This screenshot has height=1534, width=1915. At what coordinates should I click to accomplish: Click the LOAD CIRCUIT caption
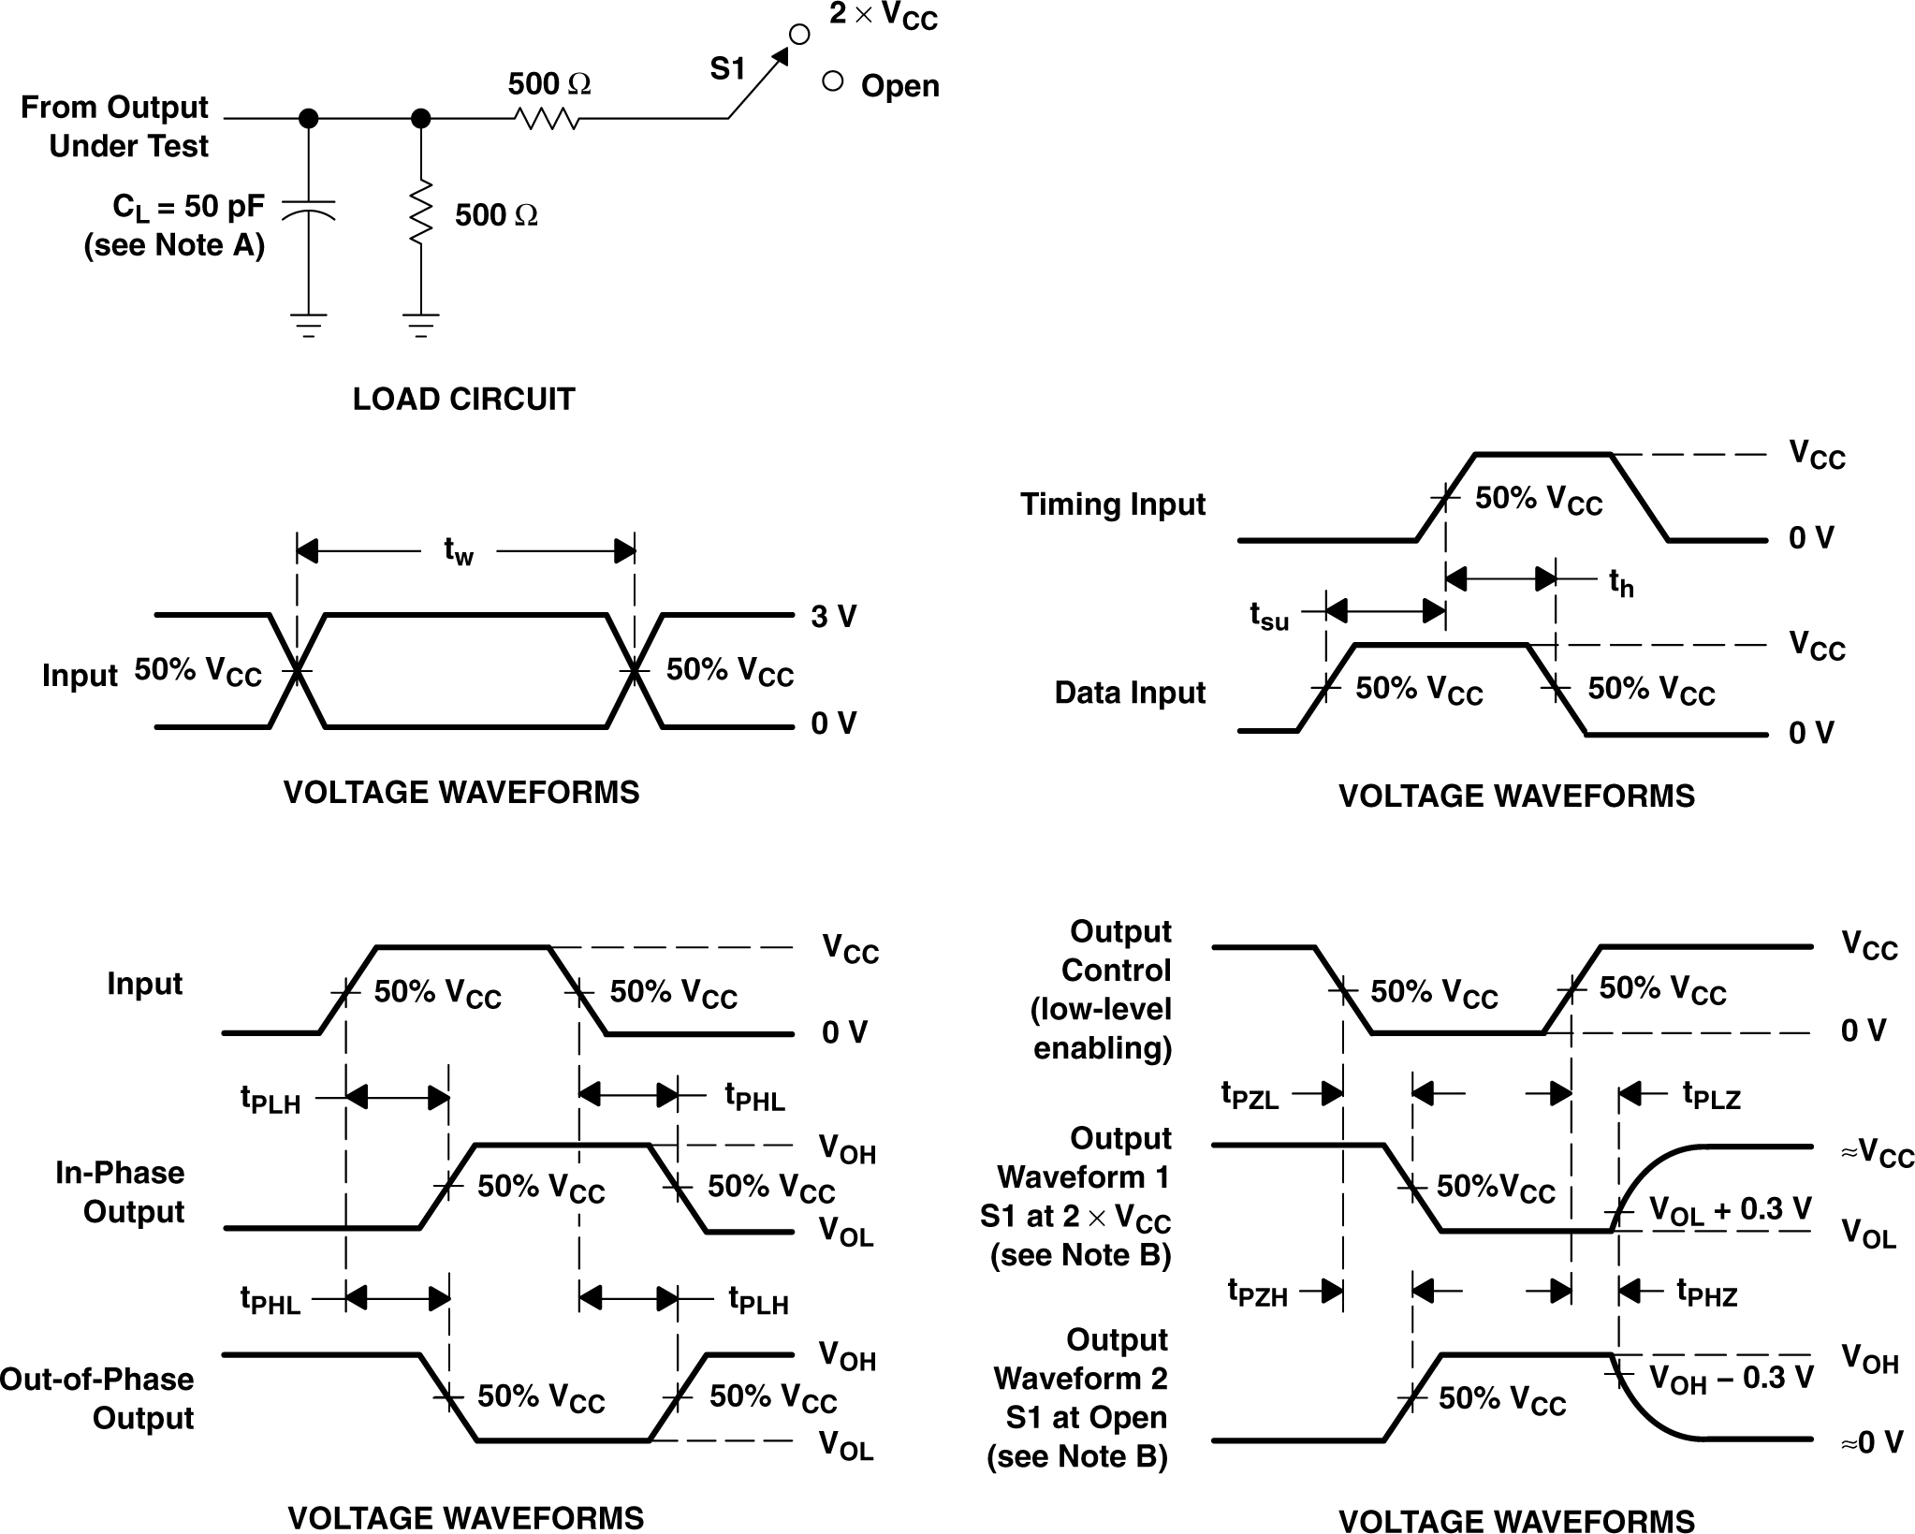tap(463, 400)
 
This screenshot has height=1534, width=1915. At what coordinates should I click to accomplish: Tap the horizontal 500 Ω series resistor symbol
tap(547, 119)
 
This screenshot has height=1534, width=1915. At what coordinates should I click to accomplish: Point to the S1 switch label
tap(727, 69)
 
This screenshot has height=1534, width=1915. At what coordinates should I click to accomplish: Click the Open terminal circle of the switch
tap(832, 81)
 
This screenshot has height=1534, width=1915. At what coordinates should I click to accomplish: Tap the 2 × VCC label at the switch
tap(883, 17)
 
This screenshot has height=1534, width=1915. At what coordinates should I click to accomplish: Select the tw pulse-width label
tap(459, 551)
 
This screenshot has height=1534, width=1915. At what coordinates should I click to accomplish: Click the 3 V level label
tap(833, 617)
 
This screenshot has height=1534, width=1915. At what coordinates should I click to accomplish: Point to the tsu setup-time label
tap(1269, 616)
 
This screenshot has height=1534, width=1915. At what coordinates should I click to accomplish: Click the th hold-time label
tap(1621, 583)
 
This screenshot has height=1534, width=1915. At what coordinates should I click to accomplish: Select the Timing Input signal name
tap(1112, 504)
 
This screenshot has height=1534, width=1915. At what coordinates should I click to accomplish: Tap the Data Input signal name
tap(1129, 693)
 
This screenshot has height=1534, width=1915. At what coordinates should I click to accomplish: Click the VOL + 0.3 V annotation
tap(1730, 1210)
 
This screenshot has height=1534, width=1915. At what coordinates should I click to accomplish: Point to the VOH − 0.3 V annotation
tap(1731, 1379)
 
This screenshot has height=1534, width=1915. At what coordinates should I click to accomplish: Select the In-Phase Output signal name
tap(120, 1192)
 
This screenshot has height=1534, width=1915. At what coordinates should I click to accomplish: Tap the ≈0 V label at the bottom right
tap(1871, 1442)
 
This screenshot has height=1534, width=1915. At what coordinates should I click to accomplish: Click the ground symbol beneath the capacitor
tap(308, 325)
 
